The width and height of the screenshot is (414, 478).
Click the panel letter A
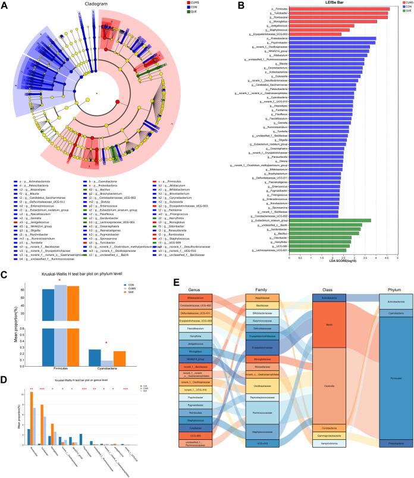5,4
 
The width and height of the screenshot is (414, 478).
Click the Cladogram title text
96,4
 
